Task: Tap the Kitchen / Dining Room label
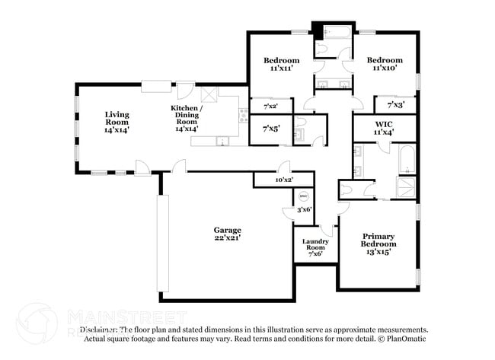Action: (186, 119)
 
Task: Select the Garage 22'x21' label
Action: (227, 234)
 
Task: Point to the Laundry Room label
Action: (315, 247)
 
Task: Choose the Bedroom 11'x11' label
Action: (281, 64)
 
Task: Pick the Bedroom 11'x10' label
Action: (384, 64)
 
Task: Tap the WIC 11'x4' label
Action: (383, 128)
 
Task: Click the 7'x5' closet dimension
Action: (270, 129)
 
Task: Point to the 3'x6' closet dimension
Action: (304, 209)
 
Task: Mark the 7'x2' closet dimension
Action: (270, 107)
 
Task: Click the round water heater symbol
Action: (304, 194)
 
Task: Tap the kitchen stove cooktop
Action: (244, 116)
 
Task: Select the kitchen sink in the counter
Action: (222, 141)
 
